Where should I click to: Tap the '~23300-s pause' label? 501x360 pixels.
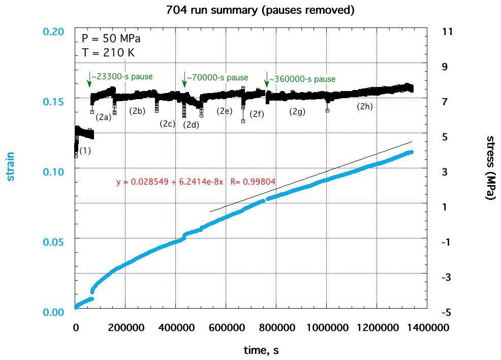coord(122,77)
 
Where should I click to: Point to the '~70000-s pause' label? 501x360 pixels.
coord(217,78)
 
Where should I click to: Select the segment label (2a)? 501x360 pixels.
coord(103,117)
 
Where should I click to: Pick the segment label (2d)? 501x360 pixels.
coord(191,125)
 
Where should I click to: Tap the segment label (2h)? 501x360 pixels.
coord(364,106)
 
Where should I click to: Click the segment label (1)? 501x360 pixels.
coord(85,151)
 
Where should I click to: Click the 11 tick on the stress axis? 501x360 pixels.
coord(448,32)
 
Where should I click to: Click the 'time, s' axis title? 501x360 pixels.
coord(260,350)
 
